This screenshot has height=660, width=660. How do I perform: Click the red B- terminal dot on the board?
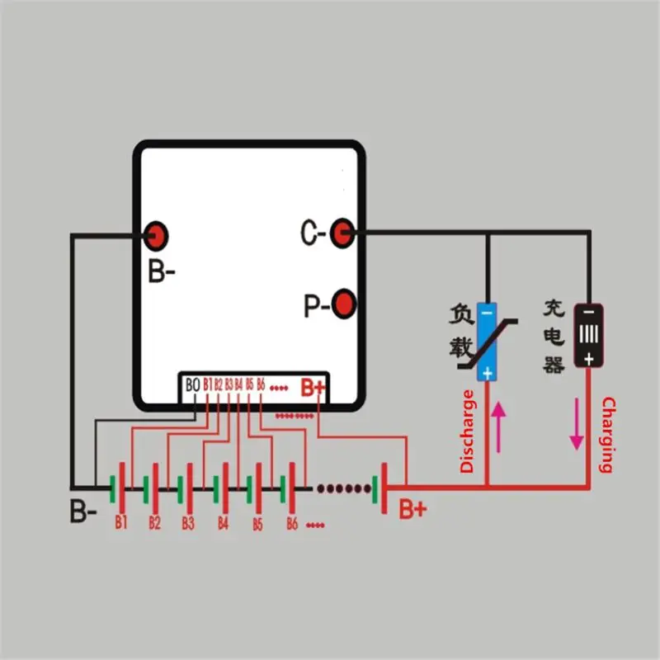[x=155, y=236]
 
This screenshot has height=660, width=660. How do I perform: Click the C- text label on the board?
[x=313, y=233]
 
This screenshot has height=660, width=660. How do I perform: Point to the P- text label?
[x=315, y=307]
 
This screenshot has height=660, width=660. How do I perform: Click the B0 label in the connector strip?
[x=193, y=384]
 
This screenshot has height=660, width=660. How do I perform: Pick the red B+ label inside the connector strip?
[x=313, y=386]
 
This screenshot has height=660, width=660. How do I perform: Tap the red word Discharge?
[x=468, y=431]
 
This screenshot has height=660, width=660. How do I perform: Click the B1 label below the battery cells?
[x=121, y=522]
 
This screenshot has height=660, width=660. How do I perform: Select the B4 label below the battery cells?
[x=223, y=523]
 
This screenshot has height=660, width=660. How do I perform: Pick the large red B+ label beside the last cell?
[x=412, y=509]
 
